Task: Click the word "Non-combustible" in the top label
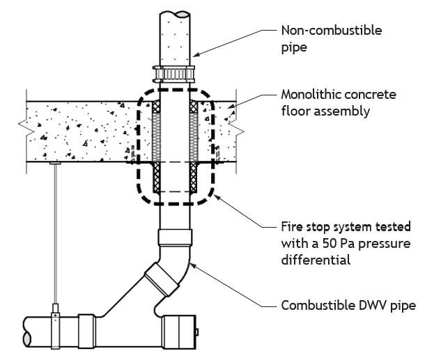332,31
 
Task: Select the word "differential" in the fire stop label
316,260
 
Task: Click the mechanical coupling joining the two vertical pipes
173,75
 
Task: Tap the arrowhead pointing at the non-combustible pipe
196,54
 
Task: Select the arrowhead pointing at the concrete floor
231,105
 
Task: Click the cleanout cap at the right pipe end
180,332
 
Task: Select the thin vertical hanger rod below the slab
56,235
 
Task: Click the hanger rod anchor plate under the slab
56,163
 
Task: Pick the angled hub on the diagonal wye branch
162,279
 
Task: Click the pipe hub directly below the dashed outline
175,237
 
